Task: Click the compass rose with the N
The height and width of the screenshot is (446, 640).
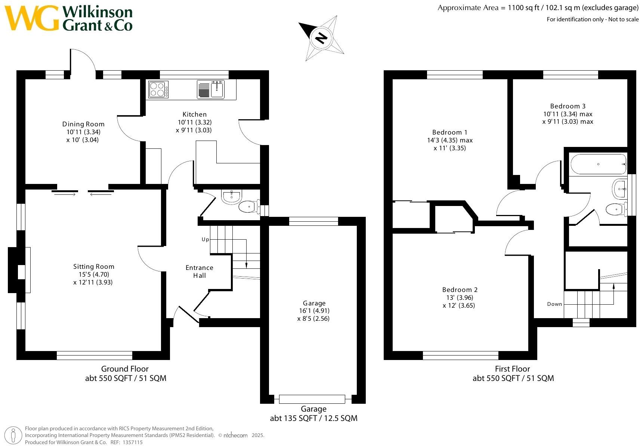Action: click(x=321, y=38)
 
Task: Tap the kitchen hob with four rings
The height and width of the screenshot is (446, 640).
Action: click(x=158, y=89)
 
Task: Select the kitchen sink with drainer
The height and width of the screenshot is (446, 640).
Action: click(x=211, y=90)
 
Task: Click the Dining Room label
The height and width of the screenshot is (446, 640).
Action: click(x=83, y=124)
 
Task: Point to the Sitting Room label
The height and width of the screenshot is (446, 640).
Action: click(x=93, y=267)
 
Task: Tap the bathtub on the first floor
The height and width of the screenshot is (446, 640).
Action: click(x=598, y=164)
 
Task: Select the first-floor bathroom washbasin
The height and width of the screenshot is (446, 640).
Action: click(x=619, y=189)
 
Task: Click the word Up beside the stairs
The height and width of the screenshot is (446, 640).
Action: click(x=205, y=239)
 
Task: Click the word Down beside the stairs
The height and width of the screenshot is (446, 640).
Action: click(x=554, y=304)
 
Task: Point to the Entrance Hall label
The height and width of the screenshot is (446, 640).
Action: click(x=199, y=271)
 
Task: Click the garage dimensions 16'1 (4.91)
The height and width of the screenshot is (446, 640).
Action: click(x=314, y=311)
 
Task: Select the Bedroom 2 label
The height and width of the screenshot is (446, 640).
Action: click(x=460, y=290)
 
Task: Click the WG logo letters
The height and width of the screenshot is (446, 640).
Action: click(x=32, y=18)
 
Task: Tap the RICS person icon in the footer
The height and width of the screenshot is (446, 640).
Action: click(x=14, y=435)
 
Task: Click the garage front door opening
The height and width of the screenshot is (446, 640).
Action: click(x=312, y=399)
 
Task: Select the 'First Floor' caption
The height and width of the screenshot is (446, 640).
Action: click(x=512, y=369)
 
